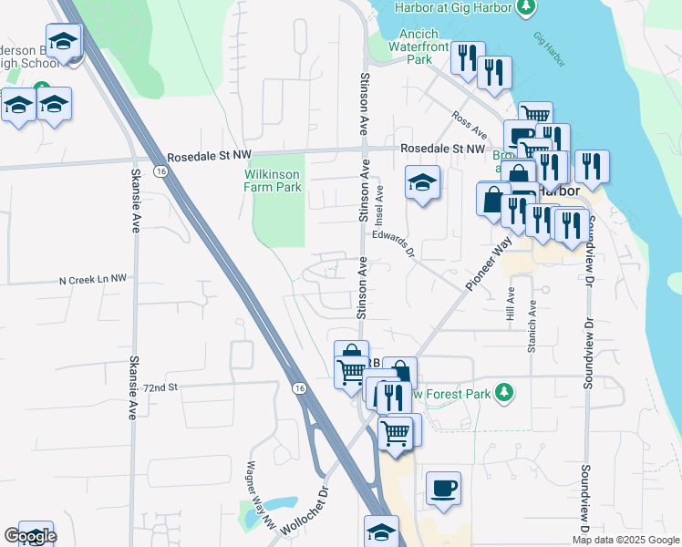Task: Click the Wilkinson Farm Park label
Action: click(x=273, y=181)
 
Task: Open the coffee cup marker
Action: click(x=443, y=488)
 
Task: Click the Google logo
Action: click(x=30, y=537)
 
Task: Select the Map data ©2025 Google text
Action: click(x=626, y=540)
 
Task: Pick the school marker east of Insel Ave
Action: click(x=423, y=183)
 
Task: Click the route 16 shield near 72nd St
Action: click(x=299, y=387)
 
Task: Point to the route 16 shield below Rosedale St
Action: click(x=160, y=170)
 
